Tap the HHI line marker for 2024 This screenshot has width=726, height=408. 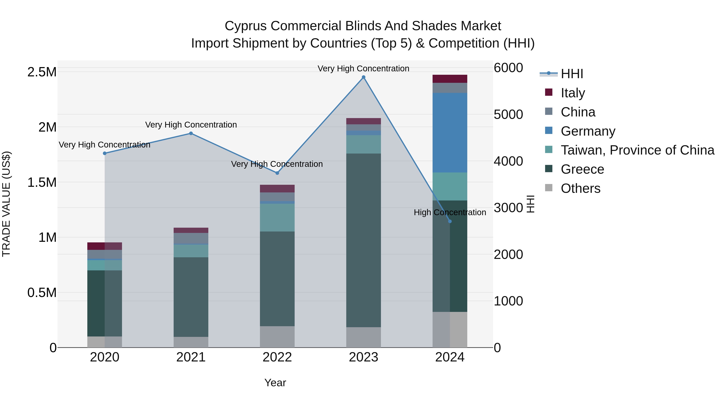coord(450,221)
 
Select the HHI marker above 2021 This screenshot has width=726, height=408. coord(191,133)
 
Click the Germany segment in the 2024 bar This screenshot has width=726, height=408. coord(450,132)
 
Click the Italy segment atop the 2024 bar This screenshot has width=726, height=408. coord(450,79)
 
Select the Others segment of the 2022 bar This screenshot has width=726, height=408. coord(277,336)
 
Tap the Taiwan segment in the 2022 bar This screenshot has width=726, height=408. coord(277,217)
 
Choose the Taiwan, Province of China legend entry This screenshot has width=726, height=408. coord(637,150)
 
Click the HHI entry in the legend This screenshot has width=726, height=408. coord(572,74)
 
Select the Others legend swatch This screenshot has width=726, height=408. coord(549,188)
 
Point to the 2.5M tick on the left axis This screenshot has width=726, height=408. coord(42,72)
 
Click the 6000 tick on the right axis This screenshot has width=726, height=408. coord(508,68)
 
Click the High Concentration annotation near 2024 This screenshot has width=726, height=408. coord(450,212)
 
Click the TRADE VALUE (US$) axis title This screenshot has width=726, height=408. coord(6,204)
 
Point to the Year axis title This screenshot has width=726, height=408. coord(275,383)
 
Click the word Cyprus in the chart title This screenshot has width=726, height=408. coord(245,26)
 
